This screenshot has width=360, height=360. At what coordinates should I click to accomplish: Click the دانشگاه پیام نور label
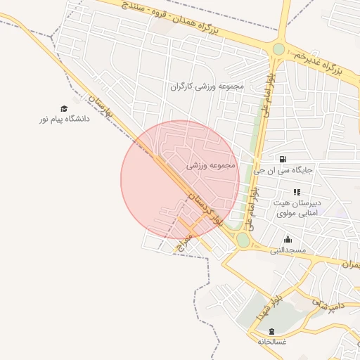pos(65,120)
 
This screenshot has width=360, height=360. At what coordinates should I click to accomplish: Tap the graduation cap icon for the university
pos(64,109)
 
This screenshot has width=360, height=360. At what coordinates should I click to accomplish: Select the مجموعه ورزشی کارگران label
pos(206,87)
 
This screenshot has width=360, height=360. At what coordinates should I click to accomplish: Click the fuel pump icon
pos(283,160)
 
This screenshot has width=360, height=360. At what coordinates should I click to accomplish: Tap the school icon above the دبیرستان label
pos(297,192)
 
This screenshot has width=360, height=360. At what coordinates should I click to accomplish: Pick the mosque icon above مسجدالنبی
pos(288,240)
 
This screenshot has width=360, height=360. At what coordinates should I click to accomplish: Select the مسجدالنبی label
pos(289,250)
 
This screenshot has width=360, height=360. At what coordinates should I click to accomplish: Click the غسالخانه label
pos(272,341)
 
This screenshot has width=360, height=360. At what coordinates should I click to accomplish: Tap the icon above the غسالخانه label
pos(272,330)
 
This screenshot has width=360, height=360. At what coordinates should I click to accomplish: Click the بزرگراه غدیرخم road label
pos(317,63)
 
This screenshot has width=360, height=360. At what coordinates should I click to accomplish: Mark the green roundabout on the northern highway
pos(279,49)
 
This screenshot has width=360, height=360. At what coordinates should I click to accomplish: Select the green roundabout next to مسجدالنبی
pos(243,240)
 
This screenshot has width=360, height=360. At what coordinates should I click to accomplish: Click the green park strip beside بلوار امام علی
pos(255,141)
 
